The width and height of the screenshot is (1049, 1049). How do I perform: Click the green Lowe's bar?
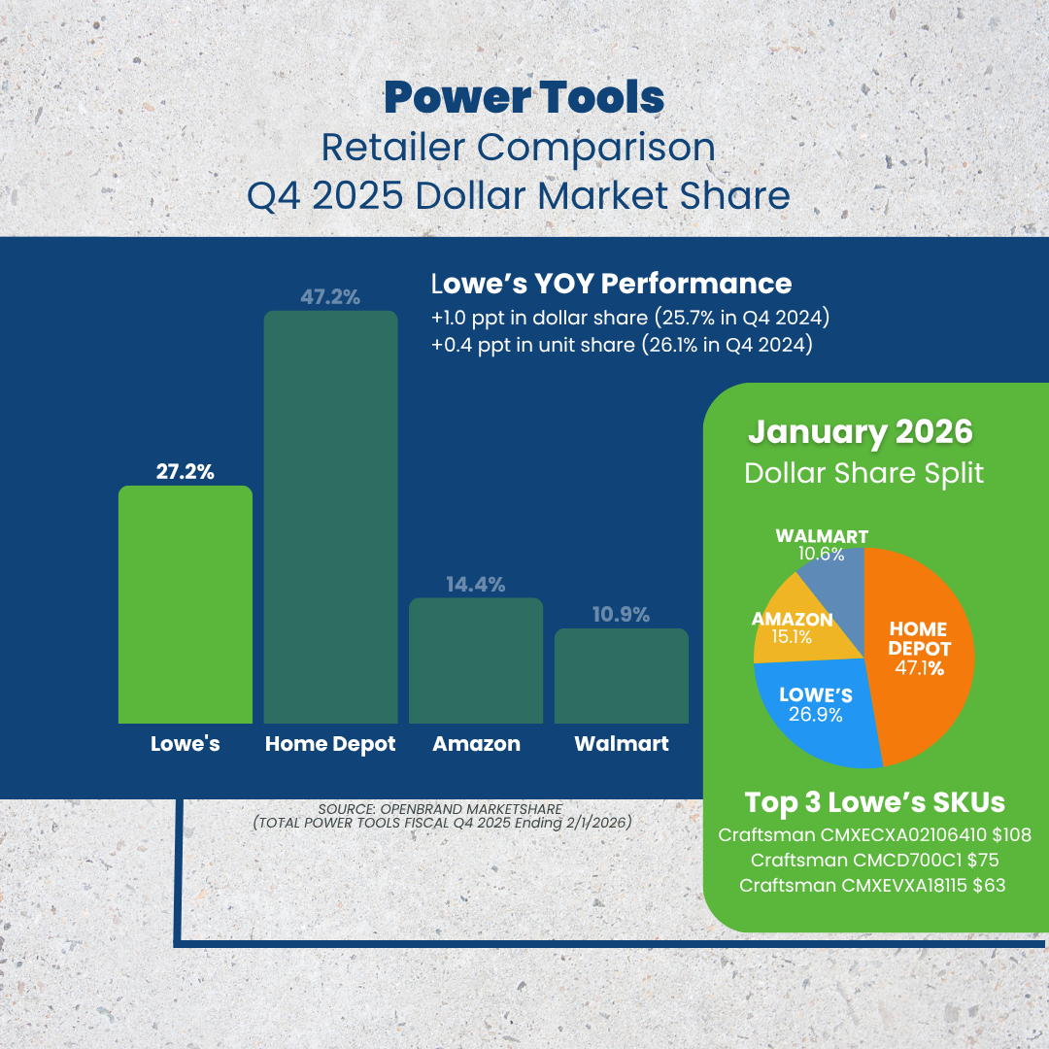[186, 604]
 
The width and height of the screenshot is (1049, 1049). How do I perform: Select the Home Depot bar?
[330, 517]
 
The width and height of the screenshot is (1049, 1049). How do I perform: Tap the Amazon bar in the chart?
[476, 660]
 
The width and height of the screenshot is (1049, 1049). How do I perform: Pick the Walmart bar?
[622, 676]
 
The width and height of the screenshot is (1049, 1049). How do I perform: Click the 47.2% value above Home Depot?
[330, 297]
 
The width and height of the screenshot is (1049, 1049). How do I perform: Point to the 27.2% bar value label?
[186, 472]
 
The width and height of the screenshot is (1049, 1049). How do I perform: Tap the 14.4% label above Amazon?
[476, 584]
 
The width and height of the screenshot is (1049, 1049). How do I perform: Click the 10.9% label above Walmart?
[622, 614]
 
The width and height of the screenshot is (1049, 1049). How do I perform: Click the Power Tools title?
[524, 98]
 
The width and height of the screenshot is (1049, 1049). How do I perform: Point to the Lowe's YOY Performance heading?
[612, 284]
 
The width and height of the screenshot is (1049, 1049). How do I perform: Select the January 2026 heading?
[861, 431]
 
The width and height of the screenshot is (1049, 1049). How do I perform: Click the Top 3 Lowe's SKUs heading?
[875, 802]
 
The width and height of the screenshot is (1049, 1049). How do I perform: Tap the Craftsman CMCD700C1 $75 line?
[874, 861]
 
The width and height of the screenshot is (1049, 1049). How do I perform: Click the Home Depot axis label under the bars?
[330, 744]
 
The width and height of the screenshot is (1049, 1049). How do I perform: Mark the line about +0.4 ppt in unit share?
[623, 345]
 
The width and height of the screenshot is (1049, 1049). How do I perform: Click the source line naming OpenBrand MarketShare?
[440, 809]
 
